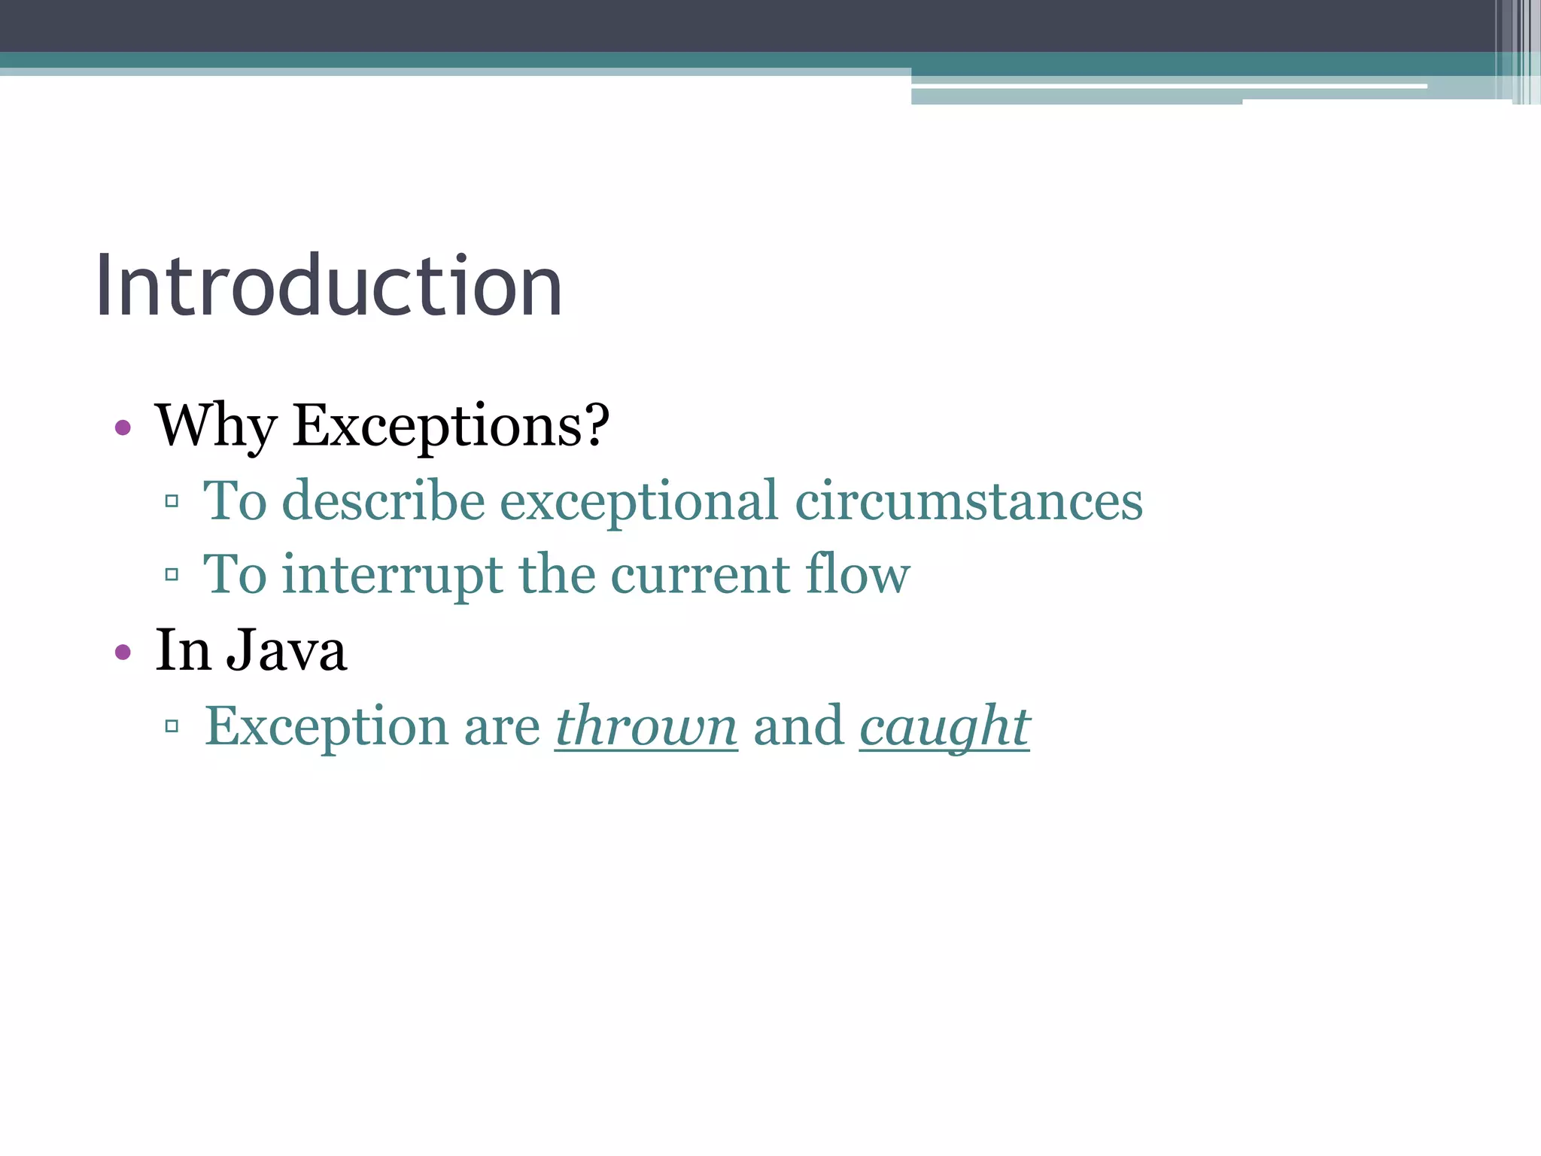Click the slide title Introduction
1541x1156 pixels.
pyautogui.click(x=328, y=286)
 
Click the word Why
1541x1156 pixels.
pyautogui.click(x=215, y=425)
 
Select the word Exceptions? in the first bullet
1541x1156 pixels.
pyautogui.click(x=451, y=425)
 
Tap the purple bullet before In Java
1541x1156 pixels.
pyautogui.click(x=123, y=652)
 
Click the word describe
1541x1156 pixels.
pyautogui.click(x=384, y=500)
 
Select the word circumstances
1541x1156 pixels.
pyautogui.click(x=968, y=502)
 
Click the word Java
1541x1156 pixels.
pyautogui.click(x=287, y=650)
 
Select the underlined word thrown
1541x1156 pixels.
pyautogui.click(x=646, y=727)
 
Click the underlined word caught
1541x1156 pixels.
pyautogui.click(x=944, y=727)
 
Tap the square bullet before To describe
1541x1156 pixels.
pyautogui.click(x=172, y=500)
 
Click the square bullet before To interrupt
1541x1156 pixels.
pyautogui.click(x=172, y=575)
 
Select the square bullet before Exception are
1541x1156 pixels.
pyautogui.click(x=172, y=726)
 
